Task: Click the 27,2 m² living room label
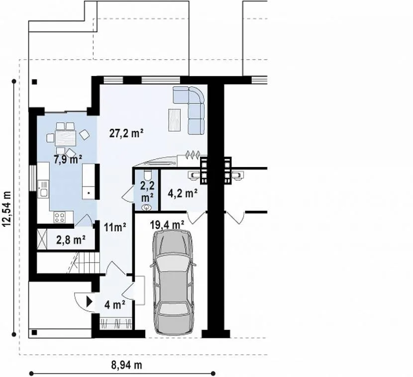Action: coord(126,133)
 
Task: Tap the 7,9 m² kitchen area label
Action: coord(68,160)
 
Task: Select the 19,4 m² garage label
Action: coord(167,225)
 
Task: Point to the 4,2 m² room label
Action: coord(183,193)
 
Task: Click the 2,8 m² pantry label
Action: coord(71,240)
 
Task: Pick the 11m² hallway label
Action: coord(115,227)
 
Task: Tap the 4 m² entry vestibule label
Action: coord(114,305)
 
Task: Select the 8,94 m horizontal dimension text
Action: coord(126,365)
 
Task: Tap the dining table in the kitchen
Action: coord(65,138)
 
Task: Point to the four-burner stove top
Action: coord(60,217)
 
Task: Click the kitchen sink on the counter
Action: coord(43,188)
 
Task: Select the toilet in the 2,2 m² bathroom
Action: coord(147,174)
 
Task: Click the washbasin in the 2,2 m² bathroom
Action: coord(146,208)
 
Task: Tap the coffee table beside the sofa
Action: coord(174,120)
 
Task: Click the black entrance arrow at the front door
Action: coord(90,301)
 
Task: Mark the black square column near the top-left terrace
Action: coord(34,82)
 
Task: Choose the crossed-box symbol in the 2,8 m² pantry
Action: coord(42,239)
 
